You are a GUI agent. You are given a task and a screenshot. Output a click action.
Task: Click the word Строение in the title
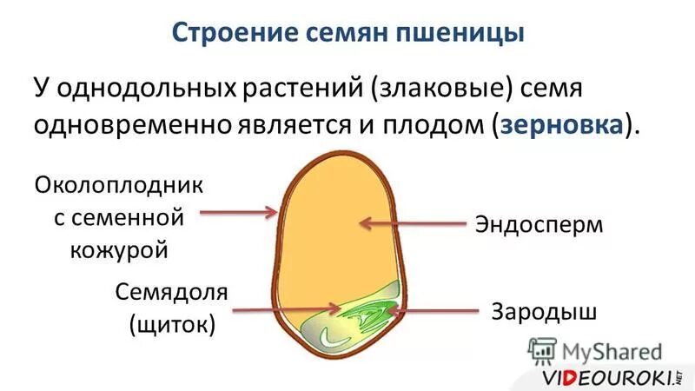(x=228, y=34)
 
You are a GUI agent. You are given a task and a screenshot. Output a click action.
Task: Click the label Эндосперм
(x=539, y=224)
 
